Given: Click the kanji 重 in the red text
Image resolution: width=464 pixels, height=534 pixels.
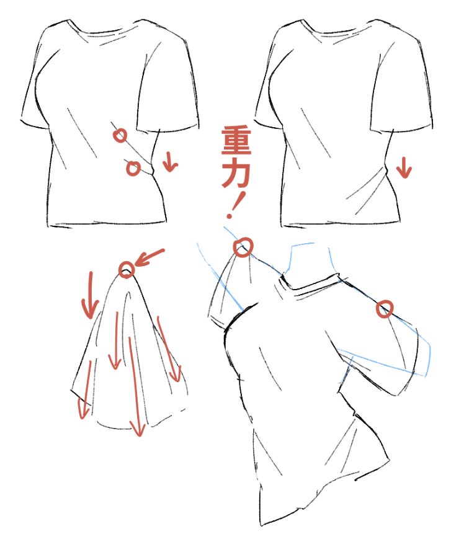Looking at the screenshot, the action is point(236,140).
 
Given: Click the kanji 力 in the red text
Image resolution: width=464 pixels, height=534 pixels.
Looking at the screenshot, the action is point(236,175).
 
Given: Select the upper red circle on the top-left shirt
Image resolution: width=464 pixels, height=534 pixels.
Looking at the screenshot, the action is point(120,136).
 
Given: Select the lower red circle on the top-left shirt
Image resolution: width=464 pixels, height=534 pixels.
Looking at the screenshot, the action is point(133,168).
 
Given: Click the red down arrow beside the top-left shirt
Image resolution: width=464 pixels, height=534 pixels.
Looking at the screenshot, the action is point(169,162).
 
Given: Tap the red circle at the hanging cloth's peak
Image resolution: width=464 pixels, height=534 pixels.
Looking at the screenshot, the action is point(127,270).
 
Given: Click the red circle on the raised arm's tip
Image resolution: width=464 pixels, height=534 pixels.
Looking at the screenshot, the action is point(243,247).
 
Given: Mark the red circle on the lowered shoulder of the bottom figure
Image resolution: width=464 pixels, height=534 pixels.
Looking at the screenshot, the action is point(385,309).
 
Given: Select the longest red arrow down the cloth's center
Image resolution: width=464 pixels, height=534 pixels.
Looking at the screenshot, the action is point(135,386).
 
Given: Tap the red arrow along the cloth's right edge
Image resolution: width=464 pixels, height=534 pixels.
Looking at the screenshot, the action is point(169,349).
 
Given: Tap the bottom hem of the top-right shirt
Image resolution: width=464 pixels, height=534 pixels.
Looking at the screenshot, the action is point(340,223).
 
